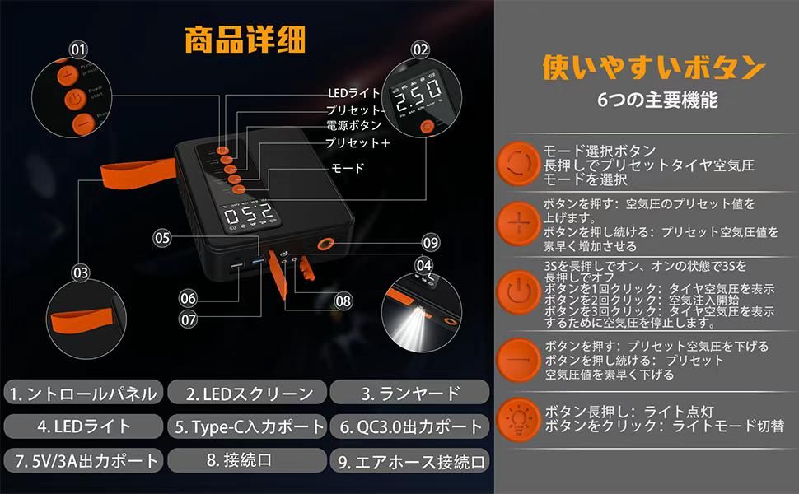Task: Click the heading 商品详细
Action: point(244,39)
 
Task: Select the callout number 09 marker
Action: point(430,243)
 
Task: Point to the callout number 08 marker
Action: point(343,301)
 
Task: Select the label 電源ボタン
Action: point(353,125)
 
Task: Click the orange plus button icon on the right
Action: point(519,224)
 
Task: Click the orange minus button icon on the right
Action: point(519,360)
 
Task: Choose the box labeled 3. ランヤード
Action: point(410,394)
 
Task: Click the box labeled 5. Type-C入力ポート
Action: point(246,426)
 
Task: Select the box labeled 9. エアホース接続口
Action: point(410,460)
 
